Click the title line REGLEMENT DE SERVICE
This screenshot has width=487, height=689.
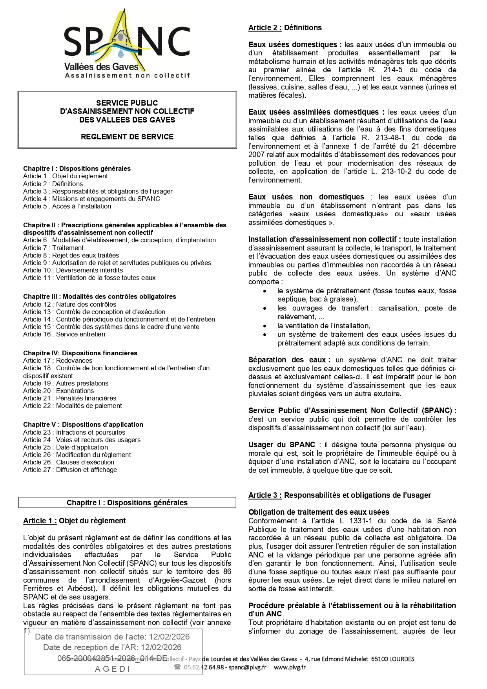[x=127, y=137]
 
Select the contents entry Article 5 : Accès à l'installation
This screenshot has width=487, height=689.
[x=67, y=206]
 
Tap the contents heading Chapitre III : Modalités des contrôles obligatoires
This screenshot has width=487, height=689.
[x=100, y=296]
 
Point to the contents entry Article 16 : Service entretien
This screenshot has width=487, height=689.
[x=64, y=334]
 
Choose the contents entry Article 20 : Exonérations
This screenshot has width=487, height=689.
[x=58, y=391]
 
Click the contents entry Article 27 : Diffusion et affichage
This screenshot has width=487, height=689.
[x=70, y=470]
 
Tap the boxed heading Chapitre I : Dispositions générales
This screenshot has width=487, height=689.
[x=127, y=503]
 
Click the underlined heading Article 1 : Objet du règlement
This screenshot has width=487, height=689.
[x=75, y=521]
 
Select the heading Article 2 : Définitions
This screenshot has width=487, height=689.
[x=285, y=27]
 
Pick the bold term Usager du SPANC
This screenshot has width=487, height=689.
[x=282, y=444]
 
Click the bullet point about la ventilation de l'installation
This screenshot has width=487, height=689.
[x=323, y=325]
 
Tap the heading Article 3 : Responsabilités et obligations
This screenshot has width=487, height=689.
[x=339, y=495]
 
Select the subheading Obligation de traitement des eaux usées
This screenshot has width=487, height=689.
[x=319, y=512]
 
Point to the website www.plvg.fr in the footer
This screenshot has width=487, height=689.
[x=290, y=667]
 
